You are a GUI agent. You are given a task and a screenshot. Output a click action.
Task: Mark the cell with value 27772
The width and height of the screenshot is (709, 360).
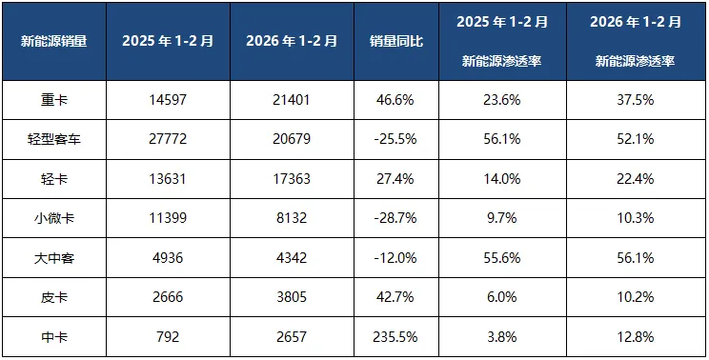pos(169,138)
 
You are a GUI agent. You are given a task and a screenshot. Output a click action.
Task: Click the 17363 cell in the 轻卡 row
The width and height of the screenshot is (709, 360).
pos(292,178)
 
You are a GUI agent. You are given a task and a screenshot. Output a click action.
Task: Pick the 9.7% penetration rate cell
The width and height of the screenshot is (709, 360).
pos(502,218)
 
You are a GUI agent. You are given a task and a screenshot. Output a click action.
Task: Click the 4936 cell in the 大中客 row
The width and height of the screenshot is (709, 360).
pos(169,257)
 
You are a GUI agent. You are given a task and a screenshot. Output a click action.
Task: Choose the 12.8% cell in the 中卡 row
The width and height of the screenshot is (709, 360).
pos(634,336)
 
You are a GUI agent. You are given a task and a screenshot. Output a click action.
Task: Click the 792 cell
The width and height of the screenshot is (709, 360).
pos(169,336)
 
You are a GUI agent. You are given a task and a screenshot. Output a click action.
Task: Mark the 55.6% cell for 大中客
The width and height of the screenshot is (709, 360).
pos(502,257)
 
